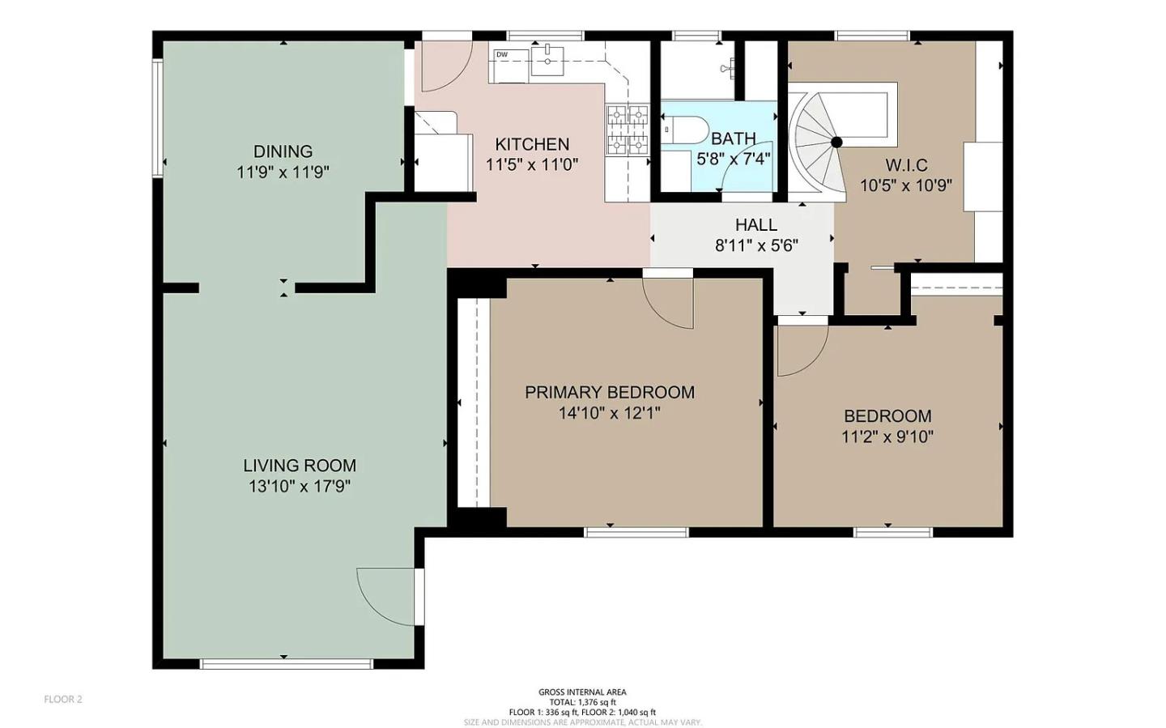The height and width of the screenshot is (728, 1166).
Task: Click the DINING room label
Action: pos(283,151)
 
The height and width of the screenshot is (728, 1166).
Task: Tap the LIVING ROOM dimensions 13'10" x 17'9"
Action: pos(300,487)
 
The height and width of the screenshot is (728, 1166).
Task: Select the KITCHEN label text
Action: pos(532,144)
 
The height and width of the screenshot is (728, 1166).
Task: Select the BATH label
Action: pos(733,138)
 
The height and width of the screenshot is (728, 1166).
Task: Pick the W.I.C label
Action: pos(906,165)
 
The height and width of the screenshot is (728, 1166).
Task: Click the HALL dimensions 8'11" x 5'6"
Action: pos(756,245)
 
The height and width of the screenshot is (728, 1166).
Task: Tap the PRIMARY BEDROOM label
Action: pos(609,392)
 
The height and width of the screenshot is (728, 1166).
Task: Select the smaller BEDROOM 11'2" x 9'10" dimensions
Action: pos(887,437)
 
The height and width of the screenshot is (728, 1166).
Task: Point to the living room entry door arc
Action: pos(385,596)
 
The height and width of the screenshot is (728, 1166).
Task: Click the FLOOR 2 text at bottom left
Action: pos(63,700)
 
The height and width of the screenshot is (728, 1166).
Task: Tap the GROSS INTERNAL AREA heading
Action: pos(582,692)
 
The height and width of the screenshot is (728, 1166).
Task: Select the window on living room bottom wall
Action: pos(286,665)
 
